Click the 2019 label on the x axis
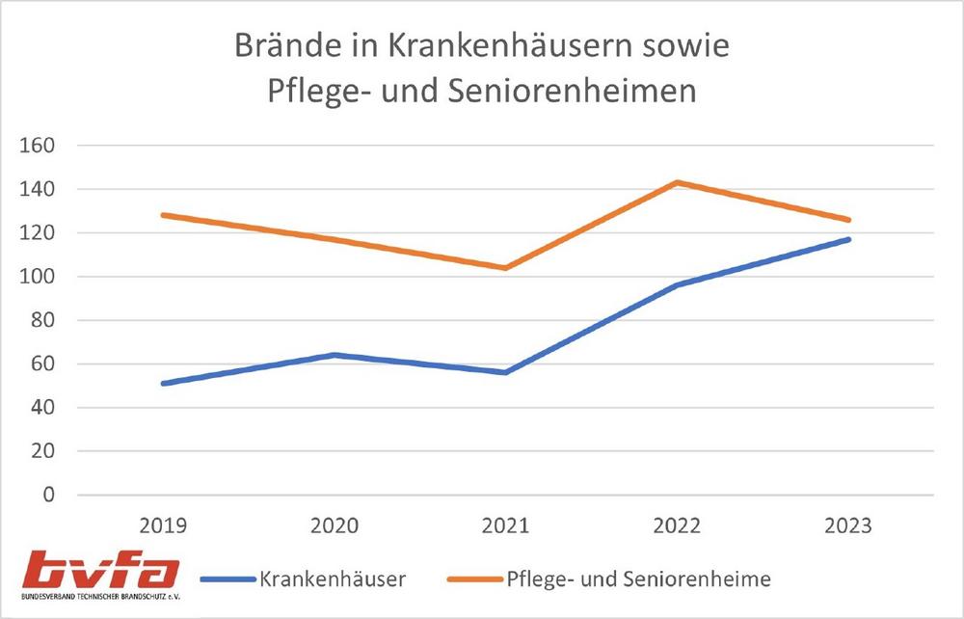tap(164, 525)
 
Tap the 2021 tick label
tap(506, 525)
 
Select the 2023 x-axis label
tap(848, 525)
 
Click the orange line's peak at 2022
tap(678, 182)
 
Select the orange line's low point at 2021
tap(506, 268)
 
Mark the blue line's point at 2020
tap(335, 355)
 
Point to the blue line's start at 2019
tap(164, 384)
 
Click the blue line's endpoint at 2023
tap(848, 239)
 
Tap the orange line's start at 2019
tap(164, 215)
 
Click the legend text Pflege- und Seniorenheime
tap(638, 579)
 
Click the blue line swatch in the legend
tap(228, 579)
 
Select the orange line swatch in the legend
tap(475, 579)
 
